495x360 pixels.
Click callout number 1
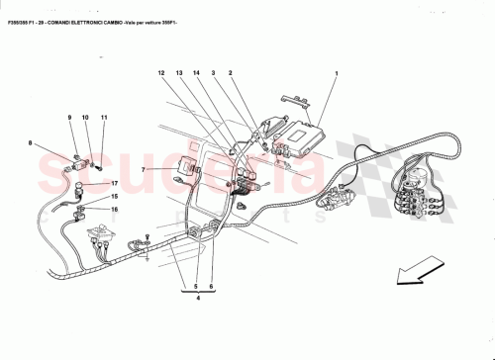coord(337,73)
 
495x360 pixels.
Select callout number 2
coord(230,73)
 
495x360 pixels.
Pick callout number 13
coord(180,73)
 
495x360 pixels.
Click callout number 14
coord(197,73)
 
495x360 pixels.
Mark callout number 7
coord(143,170)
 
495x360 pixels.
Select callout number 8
coord(31,144)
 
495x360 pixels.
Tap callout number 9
coord(70,118)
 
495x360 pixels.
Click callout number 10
coord(86,118)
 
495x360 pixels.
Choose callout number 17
coord(114,184)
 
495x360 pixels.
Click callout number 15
coord(114,197)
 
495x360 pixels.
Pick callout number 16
coord(114,210)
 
